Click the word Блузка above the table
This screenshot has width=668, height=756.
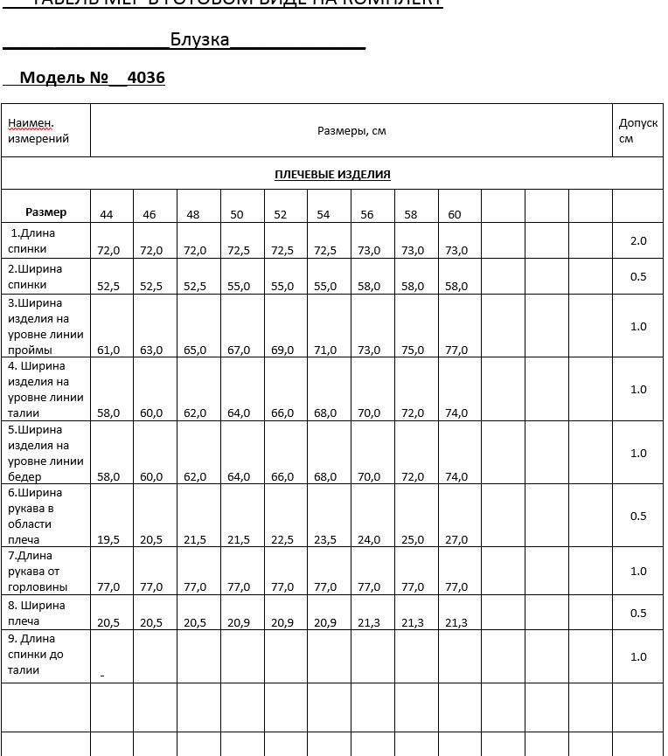pos(199,39)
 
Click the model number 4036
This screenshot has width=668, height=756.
pos(146,78)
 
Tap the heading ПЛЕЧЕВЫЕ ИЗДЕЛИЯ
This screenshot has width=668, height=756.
pos(332,174)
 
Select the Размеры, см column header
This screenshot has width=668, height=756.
pos(351,131)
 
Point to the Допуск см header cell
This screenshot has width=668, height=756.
pos(637,130)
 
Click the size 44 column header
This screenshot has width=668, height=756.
pos(107,214)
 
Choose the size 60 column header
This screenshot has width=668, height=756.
pos(455,214)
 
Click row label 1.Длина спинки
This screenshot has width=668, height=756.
pos(32,241)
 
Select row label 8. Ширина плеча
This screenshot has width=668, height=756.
pos(36,613)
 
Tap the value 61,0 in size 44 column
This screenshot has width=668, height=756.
pos(108,350)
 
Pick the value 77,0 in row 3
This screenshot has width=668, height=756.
pos(456,350)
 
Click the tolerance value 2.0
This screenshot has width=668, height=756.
pos(638,240)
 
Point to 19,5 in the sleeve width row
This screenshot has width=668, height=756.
pos(108,539)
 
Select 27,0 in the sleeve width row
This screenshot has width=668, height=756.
pos(456,539)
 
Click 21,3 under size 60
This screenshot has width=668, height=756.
pos(456,622)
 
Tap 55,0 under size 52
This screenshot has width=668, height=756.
pos(282,286)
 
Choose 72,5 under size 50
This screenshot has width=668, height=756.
pos(239,250)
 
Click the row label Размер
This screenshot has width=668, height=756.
pos(45,212)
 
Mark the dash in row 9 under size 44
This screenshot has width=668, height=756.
pos(102,675)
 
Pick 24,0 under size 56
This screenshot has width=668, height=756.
pos(369,539)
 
